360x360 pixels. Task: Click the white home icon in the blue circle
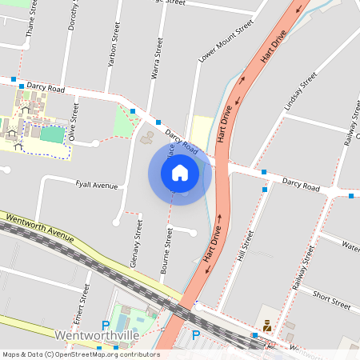180,172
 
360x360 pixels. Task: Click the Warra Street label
158,58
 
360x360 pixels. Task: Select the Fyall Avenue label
96,186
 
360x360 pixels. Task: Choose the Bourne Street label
168,254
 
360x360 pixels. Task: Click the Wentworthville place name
97,335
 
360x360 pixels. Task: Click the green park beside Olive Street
126,121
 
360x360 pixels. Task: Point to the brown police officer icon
266,326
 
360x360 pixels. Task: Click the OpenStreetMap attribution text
80,354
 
